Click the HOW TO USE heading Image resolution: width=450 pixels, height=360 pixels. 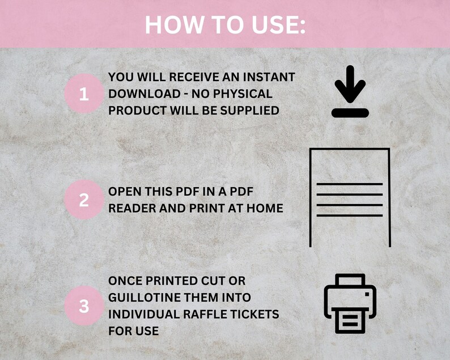pos(224,24)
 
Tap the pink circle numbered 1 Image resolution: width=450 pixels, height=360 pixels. pos(84,94)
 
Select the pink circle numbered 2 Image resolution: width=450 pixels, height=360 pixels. pos(84,200)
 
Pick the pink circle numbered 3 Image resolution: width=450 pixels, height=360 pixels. pos(84,306)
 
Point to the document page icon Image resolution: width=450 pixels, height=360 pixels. pos(350,197)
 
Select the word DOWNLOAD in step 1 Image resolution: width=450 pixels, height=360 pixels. pos(133,94)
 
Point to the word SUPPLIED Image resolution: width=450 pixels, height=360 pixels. pos(253,111)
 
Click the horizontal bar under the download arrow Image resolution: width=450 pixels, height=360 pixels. pos(350,113)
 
